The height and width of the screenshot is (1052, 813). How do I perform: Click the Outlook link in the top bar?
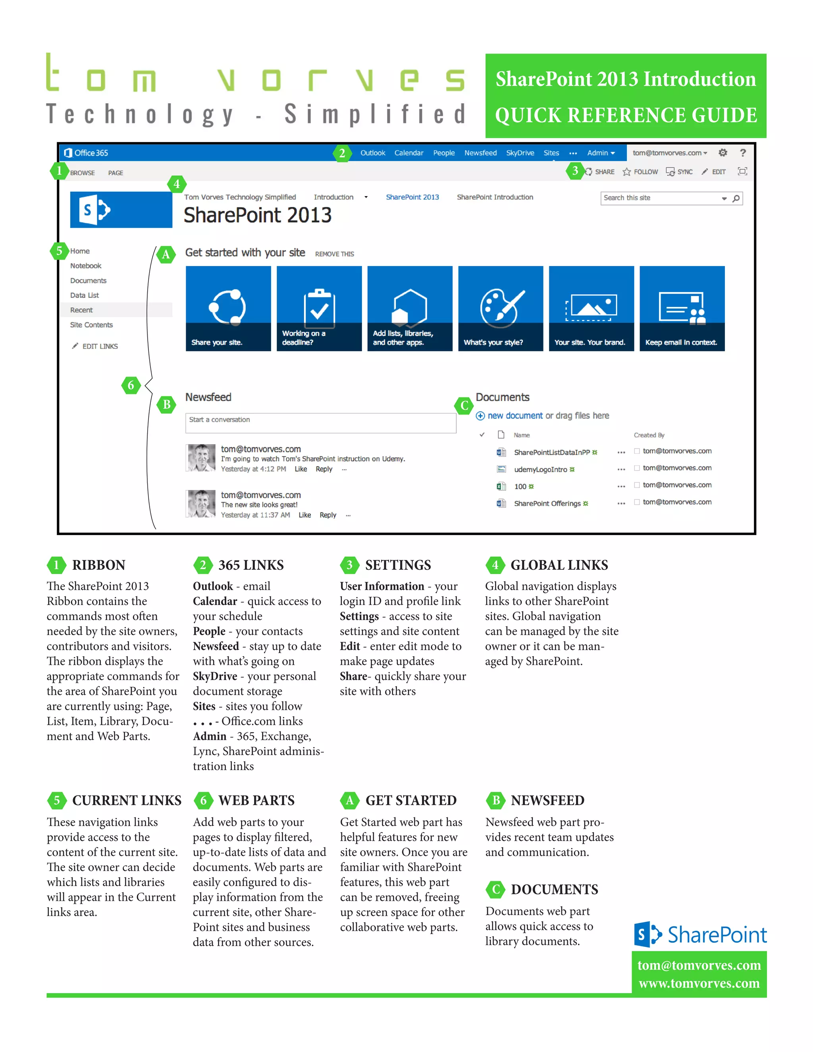[x=372, y=153]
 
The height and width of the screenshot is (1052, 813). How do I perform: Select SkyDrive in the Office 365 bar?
[x=520, y=153]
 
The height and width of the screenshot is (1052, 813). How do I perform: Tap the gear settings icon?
[x=722, y=153]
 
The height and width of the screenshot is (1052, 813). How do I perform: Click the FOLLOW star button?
[x=640, y=172]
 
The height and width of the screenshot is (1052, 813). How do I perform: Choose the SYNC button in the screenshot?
[x=679, y=172]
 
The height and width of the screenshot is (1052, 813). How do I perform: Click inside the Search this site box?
[x=660, y=198]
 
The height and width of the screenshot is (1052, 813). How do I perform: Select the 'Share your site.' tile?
[x=228, y=308]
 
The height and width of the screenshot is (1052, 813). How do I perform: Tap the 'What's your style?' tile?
[x=501, y=308]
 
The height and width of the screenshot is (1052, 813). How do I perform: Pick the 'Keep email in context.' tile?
[x=682, y=308]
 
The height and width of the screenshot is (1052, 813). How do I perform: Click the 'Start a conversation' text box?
[x=320, y=422]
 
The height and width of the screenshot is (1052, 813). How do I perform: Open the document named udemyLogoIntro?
[x=540, y=470]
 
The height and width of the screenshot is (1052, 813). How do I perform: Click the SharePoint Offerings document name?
[x=547, y=503]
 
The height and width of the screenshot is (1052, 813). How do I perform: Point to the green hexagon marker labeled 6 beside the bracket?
[x=131, y=385]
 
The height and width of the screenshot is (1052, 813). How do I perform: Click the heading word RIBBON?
[x=99, y=565]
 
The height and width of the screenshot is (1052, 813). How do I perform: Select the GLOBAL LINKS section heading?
[x=559, y=565]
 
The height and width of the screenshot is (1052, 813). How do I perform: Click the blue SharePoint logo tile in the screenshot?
[x=121, y=210]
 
